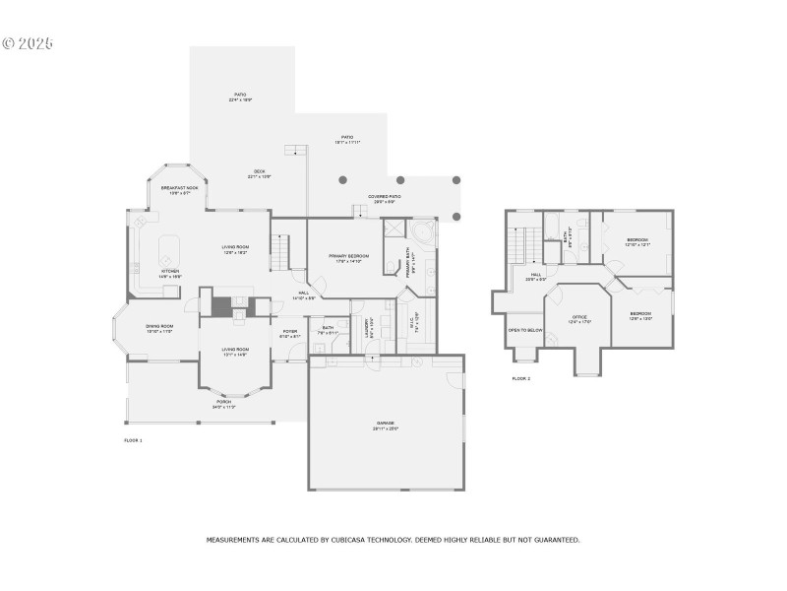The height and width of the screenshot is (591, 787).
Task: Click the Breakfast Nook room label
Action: [x=179, y=187]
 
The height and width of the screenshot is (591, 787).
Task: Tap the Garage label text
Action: [x=385, y=425]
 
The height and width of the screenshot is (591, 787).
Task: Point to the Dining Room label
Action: [x=159, y=328]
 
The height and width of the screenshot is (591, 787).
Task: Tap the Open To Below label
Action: [x=525, y=330]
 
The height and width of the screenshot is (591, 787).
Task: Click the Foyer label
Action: [x=290, y=333]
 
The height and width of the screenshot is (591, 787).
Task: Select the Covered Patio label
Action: [x=384, y=197]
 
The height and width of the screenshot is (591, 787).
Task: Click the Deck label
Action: [x=258, y=173]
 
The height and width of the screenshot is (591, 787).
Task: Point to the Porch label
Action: [x=224, y=403]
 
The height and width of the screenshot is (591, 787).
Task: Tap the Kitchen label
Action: [x=170, y=273]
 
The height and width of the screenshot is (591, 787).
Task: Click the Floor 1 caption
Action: [x=133, y=439]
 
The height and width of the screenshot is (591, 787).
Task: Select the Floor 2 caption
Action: [x=520, y=378]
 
